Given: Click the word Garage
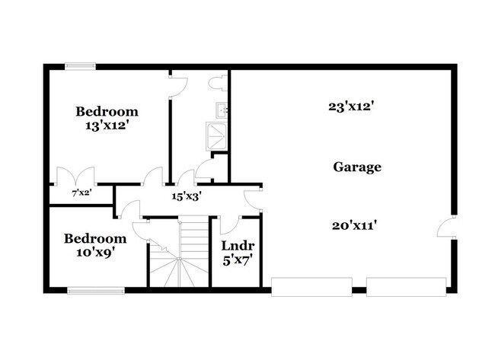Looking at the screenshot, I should tap(356, 167).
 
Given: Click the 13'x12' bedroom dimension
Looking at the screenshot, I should tap(107, 126).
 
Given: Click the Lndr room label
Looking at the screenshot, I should tap(237, 246).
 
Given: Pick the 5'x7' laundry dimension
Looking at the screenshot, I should tap(237, 260).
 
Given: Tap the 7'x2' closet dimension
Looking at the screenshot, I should tap(81, 193).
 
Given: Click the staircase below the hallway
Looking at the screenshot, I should tap(177, 259).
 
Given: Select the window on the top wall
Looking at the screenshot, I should tap(78, 66).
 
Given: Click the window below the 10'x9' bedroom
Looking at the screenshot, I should tap(96, 289).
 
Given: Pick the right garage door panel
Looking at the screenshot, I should tap(405, 287).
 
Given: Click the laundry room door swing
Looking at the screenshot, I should tap(229, 226).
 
